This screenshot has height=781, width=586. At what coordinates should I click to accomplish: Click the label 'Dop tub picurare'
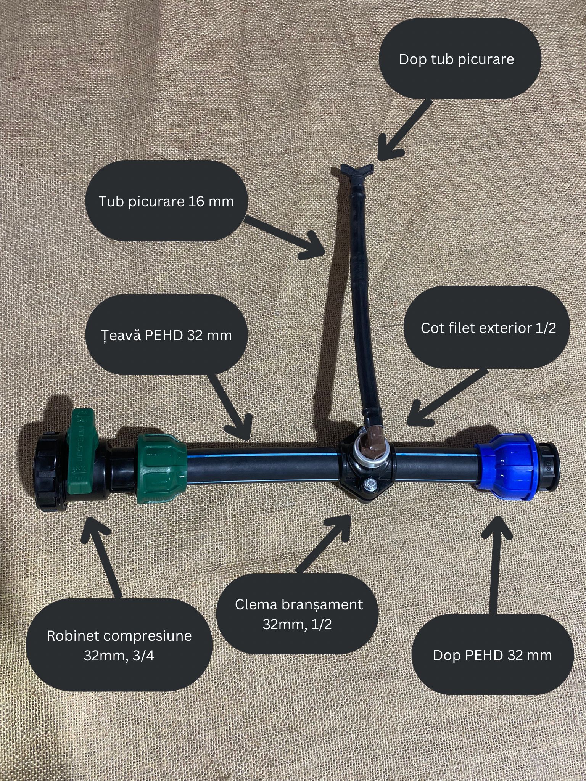pos(456,59)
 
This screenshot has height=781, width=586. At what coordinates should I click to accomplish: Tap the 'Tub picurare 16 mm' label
pos(166,201)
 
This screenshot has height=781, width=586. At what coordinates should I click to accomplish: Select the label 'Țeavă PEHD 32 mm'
pos(166,335)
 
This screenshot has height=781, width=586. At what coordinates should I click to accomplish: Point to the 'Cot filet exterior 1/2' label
pos(488,328)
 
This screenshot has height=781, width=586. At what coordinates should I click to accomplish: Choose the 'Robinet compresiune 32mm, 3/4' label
pos(119,646)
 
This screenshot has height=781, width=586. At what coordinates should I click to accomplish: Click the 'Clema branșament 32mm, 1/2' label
pos(299,614)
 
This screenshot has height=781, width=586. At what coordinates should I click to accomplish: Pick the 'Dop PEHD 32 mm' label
pos(493,655)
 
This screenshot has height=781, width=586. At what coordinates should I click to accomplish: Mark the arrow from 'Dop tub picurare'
pos(404,130)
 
